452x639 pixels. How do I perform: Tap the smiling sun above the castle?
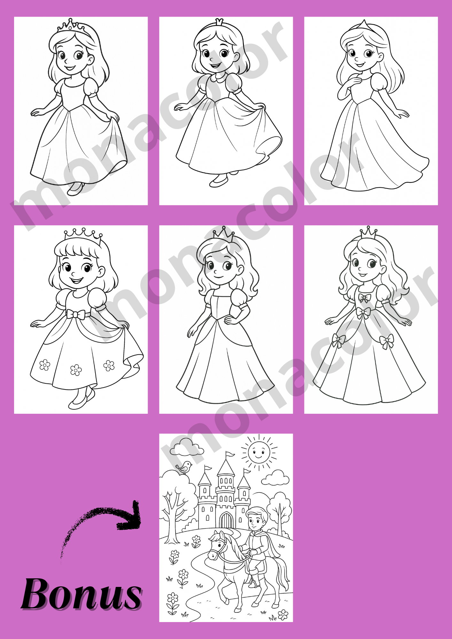[x=259, y=452]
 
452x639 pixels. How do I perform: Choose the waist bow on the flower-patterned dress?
[x=76, y=314]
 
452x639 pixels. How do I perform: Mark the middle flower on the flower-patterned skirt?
[x=76, y=370]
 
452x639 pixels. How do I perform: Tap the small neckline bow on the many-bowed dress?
[x=365, y=298]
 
